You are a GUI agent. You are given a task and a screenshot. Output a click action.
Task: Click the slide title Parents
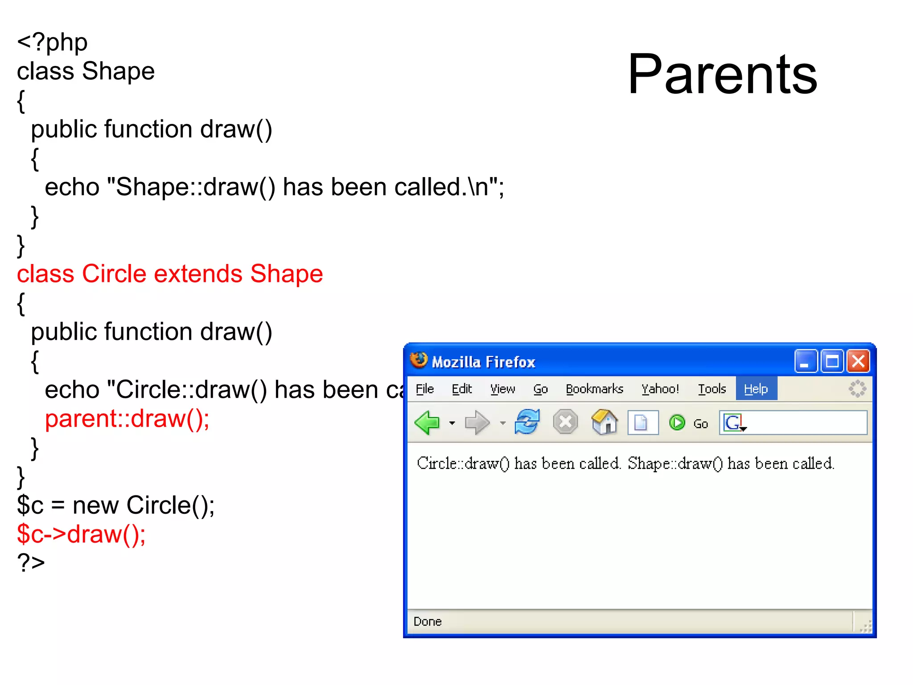pos(722,75)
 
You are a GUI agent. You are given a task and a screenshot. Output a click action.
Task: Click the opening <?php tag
pos(52,43)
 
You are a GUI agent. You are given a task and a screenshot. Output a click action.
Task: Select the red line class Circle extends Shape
pos(169,274)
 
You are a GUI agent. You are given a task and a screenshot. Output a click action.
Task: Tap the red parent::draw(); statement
pos(127,419)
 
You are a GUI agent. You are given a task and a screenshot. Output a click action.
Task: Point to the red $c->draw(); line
pos(81,534)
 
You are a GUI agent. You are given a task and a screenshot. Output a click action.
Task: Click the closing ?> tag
pos(31,563)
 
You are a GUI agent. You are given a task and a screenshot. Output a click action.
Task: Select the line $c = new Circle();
pos(116,505)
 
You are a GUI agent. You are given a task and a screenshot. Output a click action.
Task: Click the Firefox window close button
pos(858,361)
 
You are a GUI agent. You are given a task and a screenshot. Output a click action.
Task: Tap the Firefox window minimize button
pos(805,361)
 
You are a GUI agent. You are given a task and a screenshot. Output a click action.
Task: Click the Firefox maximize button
pos(832,361)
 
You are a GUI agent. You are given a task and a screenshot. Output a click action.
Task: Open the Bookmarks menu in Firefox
pos(594,389)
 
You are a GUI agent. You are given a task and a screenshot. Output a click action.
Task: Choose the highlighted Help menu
pos(756,389)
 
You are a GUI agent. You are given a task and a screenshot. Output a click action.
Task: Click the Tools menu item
pos(712,389)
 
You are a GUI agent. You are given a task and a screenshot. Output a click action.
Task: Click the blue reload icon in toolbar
pos(527,422)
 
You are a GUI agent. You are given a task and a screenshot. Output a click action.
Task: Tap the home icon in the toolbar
pos(605,422)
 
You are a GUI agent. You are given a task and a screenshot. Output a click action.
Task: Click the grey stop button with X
pos(565,422)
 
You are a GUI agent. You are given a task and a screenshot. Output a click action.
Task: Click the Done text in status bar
pos(427,621)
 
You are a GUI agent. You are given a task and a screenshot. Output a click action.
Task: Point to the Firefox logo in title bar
pos(419,360)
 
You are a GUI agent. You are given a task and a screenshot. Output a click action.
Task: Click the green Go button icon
pos(677,422)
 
